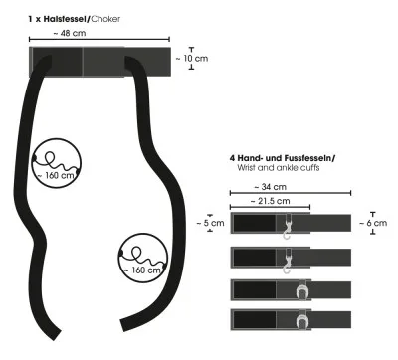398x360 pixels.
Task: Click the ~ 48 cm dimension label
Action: (x=70, y=33)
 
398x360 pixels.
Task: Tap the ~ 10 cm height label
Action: (x=192, y=59)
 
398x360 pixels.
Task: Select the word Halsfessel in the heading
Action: (x=65, y=19)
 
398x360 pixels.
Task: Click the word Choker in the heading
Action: (x=105, y=19)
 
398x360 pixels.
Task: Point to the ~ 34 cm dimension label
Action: (x=271, y=187)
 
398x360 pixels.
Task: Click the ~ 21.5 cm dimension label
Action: (x=270, y=201)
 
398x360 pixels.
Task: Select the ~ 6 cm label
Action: (x=373, y=223)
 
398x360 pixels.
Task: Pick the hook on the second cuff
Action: (x=288, y=262)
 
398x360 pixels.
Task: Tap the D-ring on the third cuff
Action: (x=302, y=290)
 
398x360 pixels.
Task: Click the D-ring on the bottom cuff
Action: (x=302, y=320)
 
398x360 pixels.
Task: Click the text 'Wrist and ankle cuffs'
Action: (x=279, y=168)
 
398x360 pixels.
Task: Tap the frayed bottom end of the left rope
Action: (x=56, y=335)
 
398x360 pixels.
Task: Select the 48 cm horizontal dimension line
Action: (x=99, y=40)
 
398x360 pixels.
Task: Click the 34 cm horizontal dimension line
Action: (x=291, y=193)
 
